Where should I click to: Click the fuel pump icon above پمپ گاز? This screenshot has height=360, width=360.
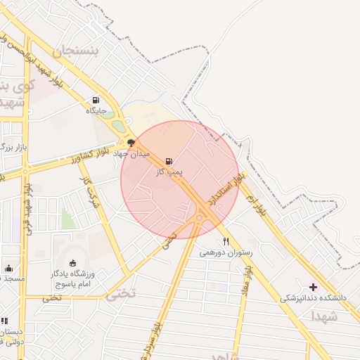(x=169, y=161)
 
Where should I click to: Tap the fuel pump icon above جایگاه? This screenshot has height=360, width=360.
(x=96, y=100)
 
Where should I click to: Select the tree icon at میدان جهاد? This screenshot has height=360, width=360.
(x=131, y=143)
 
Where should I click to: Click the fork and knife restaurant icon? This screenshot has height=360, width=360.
(x=225, y=240)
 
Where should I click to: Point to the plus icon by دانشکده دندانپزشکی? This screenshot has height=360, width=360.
(x=314, y=287)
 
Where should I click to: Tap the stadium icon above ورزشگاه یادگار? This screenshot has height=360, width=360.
(x=73, y=263)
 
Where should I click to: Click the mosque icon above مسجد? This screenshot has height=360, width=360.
(x=8, y=268)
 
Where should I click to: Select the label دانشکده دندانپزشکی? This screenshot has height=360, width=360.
(x=314, y=298)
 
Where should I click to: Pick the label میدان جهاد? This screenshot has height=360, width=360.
(x=131, y=153)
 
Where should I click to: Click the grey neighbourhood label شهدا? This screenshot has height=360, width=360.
(x=324, y=317)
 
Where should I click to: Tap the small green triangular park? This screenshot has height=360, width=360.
(x=67, y=219)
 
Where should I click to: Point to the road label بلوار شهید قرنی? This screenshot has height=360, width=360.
(x=29, y=207)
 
